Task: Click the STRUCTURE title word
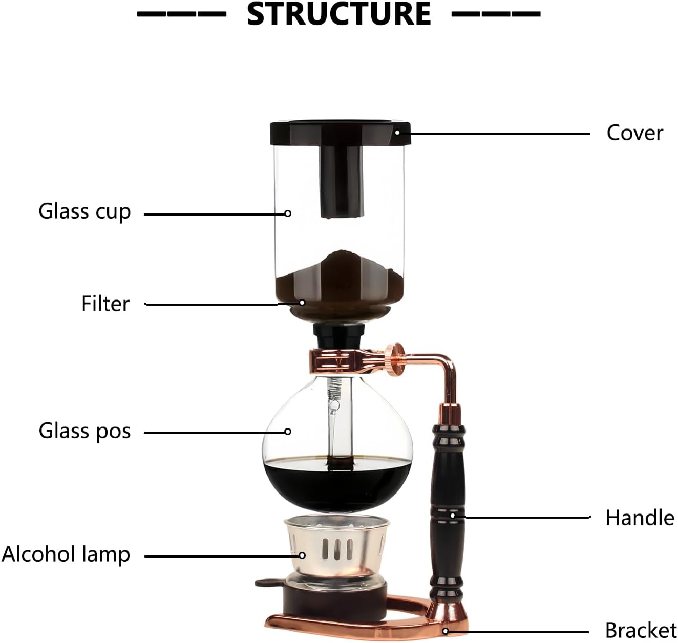pos(338,14)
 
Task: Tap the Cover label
pos(634,133)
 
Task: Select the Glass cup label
pos(84,212)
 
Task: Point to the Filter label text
pos(105,304)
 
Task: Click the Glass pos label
pos(84,431)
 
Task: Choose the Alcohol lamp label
pos(66,554)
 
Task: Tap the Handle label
pos(640,518)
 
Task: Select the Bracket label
pos(641,630)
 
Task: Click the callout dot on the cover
pos(397,133)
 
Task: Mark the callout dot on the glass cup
pos(288,213)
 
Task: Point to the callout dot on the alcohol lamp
pos(302,555)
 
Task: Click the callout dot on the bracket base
pos(445,631)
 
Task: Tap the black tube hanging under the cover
pos(343,179)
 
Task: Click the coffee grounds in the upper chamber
pos(338,276)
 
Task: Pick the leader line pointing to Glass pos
pos(215,432)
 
